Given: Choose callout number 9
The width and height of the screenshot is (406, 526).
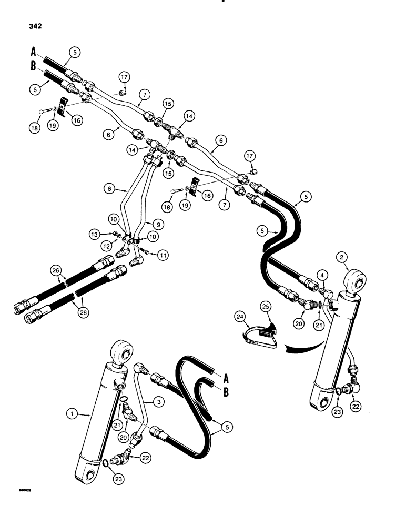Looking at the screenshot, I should pyautogui.click(x=158, y=223).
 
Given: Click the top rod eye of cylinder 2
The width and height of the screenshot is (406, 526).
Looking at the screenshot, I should pyautogui.click(x=355, y=281).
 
